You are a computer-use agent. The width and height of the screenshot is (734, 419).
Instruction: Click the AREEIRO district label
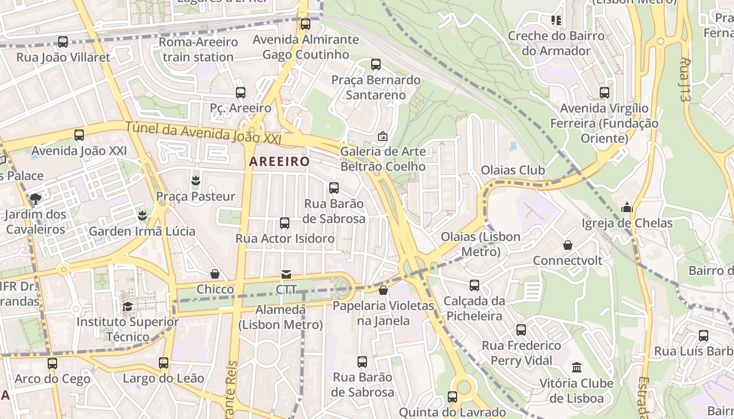pos(279,161)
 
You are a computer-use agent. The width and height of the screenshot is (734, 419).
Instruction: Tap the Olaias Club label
pos(513,170)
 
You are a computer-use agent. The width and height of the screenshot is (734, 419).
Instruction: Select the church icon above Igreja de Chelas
pos(627,208)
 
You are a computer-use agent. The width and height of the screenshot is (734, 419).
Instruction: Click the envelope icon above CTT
pos(286,274)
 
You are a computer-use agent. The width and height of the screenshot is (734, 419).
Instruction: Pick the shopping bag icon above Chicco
pos(215,274)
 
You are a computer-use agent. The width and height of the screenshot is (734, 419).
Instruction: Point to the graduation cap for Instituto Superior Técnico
pos(127,306)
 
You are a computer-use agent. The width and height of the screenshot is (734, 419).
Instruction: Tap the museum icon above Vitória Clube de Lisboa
pos(577,367)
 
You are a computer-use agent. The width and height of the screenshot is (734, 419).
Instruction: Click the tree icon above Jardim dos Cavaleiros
pos(36,199)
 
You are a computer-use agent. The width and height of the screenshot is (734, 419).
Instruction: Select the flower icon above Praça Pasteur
pos(196,181)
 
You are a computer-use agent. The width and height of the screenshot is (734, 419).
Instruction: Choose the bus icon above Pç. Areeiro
pos(241,93)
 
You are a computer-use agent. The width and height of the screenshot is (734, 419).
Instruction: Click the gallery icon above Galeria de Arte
pos(383,136)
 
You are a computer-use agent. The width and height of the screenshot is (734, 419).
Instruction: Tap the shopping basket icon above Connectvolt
pos(568,245)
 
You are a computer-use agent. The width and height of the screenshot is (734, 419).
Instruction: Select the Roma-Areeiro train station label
pos(198,49)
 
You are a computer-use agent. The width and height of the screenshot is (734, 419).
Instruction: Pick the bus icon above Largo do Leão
pos(164,362)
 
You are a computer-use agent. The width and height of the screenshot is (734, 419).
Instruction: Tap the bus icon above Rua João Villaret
pos(63,42)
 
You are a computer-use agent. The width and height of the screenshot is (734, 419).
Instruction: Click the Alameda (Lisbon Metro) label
pos(280,317)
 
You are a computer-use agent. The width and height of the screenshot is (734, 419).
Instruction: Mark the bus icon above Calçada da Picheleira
pos(474,285)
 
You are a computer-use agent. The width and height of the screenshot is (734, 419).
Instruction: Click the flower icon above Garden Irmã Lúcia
pos(142,215)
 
